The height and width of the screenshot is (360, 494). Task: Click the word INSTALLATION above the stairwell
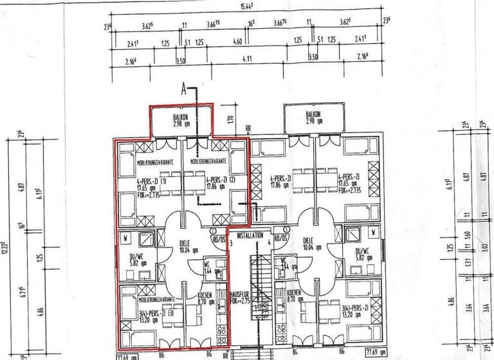(x=250, y=236)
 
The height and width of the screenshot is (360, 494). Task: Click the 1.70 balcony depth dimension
(x=230, y=119)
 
